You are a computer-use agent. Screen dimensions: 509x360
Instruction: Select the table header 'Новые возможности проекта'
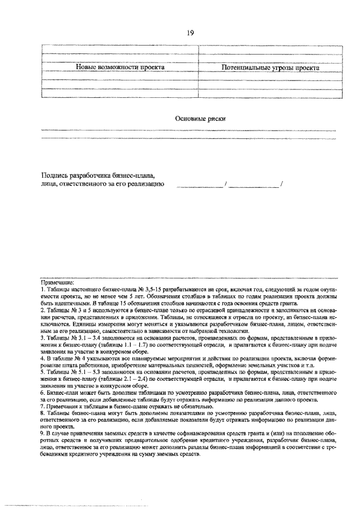pos(120,67)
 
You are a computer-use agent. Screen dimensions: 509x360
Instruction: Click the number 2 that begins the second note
pos(42,310)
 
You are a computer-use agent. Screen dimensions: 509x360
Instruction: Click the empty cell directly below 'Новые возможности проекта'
pos(120,78)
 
